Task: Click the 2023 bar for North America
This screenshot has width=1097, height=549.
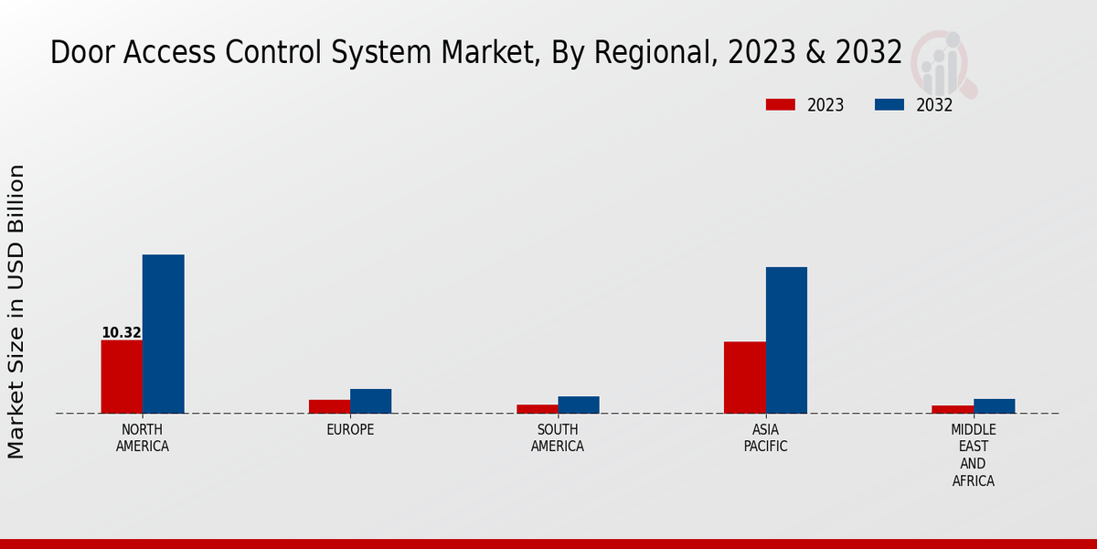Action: point(122,376)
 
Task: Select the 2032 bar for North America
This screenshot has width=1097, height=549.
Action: point(163,334)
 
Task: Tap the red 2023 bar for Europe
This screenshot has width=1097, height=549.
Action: point(329,406)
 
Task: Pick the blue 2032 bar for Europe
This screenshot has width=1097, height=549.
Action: point(370,401)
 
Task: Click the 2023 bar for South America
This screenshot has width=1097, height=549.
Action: point(537,409)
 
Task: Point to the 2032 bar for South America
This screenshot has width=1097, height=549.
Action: point(579,404)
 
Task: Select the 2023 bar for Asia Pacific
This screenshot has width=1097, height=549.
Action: point(744,377)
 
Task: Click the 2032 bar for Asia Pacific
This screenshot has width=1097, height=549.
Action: point(786,339)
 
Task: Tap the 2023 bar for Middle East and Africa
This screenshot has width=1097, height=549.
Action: point(953,409)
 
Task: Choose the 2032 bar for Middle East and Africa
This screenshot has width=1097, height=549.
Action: point(994,405)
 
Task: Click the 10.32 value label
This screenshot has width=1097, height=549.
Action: point(122,333)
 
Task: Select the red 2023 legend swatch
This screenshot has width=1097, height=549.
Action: point(781,105)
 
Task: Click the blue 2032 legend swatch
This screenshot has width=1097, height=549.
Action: point(889,105)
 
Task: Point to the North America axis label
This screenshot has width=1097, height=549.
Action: point(143,438)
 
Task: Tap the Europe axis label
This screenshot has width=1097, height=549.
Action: point(350,430)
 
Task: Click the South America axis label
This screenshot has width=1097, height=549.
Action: point(558,438)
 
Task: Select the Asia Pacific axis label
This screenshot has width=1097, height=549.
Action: point(765,438)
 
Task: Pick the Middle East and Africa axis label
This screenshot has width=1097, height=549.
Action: point(974,455)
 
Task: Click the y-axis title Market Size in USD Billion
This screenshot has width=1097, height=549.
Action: point(16,311)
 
